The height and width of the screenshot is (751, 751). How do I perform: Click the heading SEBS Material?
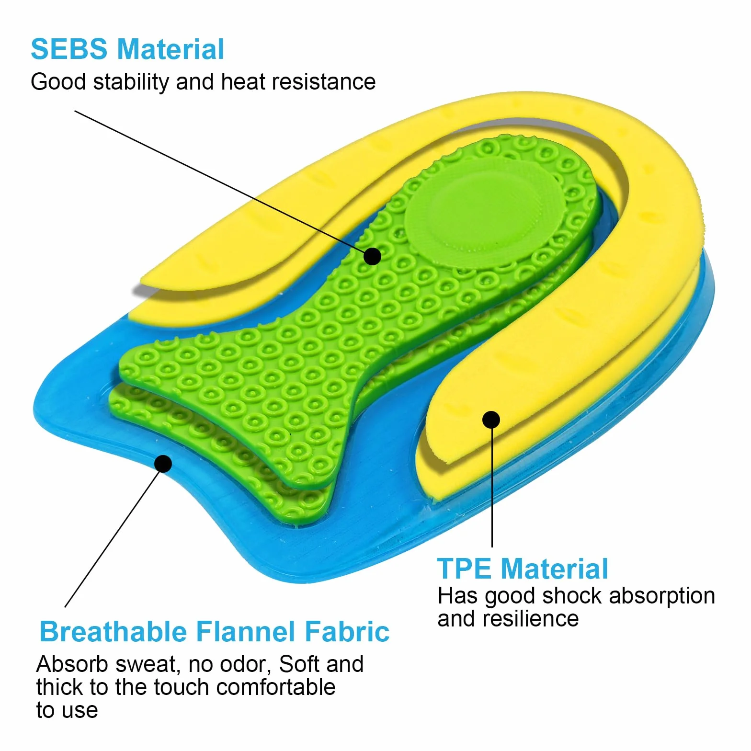pos(127,49)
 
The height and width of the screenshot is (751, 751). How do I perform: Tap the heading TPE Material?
pos(523,569)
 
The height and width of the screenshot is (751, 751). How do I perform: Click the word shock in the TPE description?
pos(572,596)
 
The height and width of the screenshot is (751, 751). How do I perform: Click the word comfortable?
pos(276,687)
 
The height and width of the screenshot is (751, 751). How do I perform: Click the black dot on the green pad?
pos(372,256)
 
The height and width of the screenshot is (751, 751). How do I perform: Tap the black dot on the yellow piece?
pos(491,420)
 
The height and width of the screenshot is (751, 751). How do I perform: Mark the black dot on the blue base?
pos(163,464)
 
